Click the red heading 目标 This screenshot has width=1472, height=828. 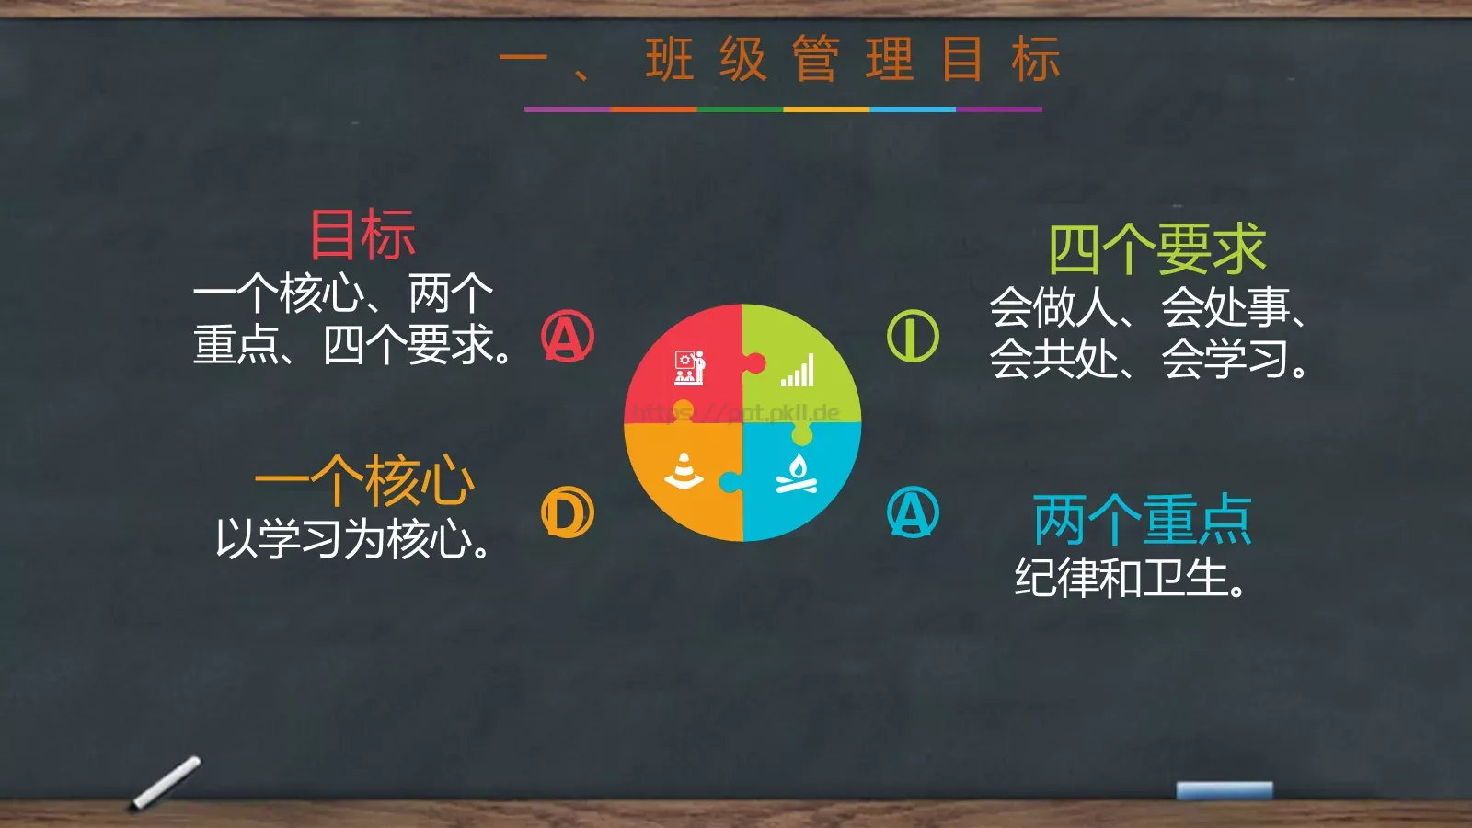pyautogui.click(x=362, y=235)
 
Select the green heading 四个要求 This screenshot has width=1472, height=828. pyautogui.click(x=1157, y=249)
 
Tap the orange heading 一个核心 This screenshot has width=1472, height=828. pyautogui.click(x=364, y=480)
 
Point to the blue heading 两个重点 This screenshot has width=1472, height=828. pyautogui.click(x=1142, y=520)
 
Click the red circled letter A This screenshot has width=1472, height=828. pyautogui.click(x=568, y=336)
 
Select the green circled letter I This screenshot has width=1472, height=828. pyautogui.click(x=913, y=336)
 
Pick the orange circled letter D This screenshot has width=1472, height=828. pyautogui.click(x=568, y=512)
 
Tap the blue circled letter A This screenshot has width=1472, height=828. pyautogui.click(x=913, y=512)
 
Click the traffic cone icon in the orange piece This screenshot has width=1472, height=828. pyautogui.click(x=684, y=470)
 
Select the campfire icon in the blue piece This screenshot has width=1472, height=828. pyautogui.click(x=797, y=474)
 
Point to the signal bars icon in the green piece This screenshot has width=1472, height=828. pyautogui.click(x=798, y=371)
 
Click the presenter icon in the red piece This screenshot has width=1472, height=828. pyautogui.click(x=689, y=367)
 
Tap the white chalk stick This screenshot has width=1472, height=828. pyautogui.click(x=167, y=782)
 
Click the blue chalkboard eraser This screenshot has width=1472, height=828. pyautogui.click(x=1224, y=790)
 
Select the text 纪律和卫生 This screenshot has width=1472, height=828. pyautogui.click(x=1131, y=578)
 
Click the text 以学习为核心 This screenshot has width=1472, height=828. pyautogui.click(x=352, y=539)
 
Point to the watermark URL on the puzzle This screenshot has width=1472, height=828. pyautogui.click(x=736, y=413)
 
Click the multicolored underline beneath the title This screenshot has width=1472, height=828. pyautogui.click(x=783, y=109)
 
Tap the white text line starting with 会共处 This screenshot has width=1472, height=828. pyautogui.click(x=1148, y=359)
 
